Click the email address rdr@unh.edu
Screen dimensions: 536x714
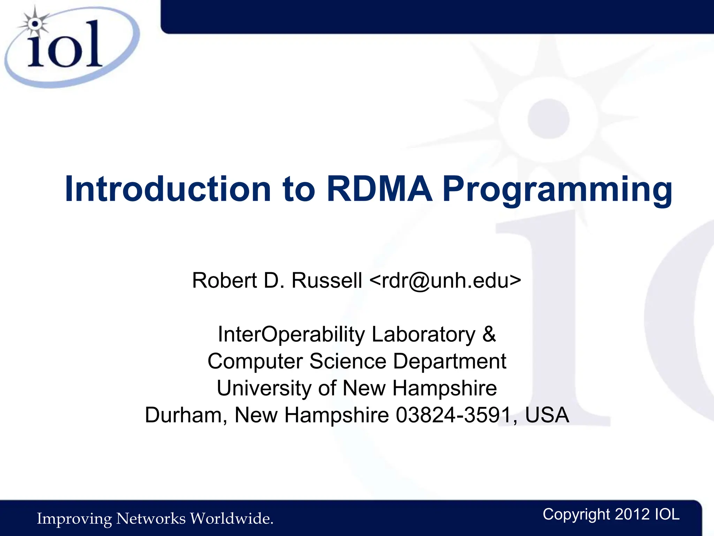point(445,280)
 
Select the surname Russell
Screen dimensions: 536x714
point(327,280)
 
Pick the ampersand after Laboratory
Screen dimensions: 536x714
point(489,334)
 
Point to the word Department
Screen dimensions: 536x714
point(450,361)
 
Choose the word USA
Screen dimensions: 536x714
point(547,415)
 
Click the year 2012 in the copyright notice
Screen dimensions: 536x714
point(632,515)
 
